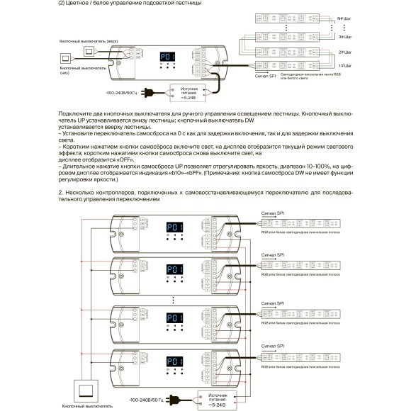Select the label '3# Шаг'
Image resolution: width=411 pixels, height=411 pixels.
tap(346, 36)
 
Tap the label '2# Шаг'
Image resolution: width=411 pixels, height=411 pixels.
tap(346, 52)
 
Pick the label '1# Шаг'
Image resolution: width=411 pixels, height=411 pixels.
tap(346, 64)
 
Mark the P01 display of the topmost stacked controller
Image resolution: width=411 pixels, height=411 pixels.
tap(174, 227)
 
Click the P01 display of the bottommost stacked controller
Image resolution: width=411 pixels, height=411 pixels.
tap(174, 361)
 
